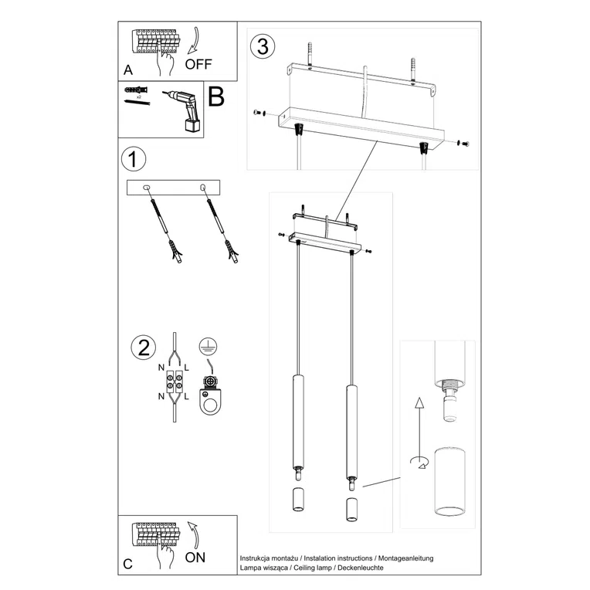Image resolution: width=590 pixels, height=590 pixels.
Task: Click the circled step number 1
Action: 134,160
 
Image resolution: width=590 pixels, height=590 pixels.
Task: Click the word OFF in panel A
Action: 198,64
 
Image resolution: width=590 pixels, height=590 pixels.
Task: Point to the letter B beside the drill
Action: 216,97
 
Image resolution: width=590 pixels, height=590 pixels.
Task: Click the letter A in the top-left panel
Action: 128,70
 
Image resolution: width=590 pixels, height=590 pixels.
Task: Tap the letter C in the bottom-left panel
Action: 128,564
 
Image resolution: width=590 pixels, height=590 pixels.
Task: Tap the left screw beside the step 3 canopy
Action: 258,114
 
